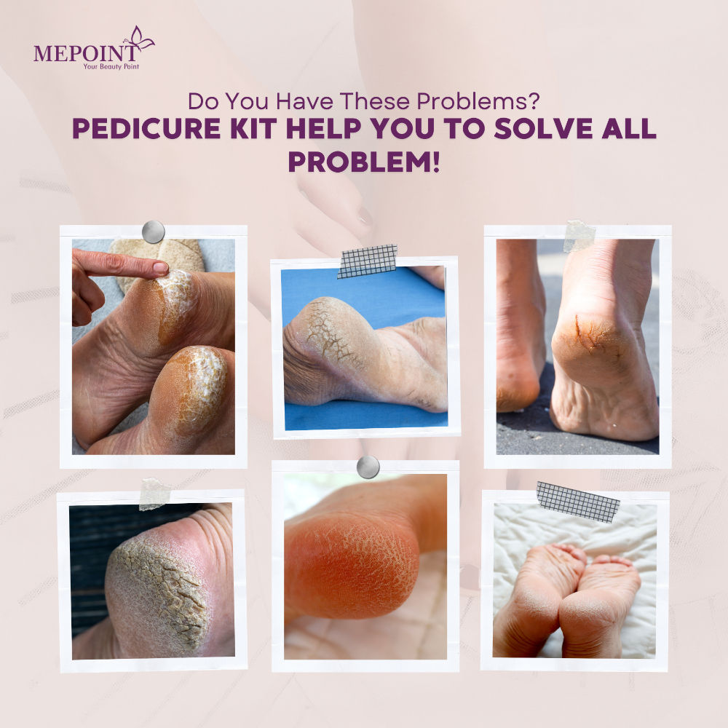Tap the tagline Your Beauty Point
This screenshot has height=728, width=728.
pyautogui.click(x=111, y=67)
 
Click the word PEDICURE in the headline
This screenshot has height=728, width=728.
pyautogui.click(x=146, y=129)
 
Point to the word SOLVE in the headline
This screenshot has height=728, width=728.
pyautogui.click(x=543, y=129)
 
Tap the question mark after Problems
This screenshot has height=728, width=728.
pyautogui.click(x=534, y=101)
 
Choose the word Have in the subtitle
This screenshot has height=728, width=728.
pyautogui.click(x=304, y=101)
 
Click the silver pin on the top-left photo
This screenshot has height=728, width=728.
pyautogui.click(x=153, y=232)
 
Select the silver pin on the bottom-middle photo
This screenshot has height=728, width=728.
pyautogui.click(x=368, y=467)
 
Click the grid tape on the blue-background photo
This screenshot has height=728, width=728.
pyautogui.click(x=367, y=261)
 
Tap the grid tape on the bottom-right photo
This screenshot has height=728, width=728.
pyautogui.click(x=577, y=502)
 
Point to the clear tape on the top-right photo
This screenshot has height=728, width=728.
pyautogui.click(x=579, y=237)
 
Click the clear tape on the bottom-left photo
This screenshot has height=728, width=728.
pyautogui.click(x=155, y=494)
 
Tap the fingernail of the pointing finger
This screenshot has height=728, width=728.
pyautogui.click(x=161, y=267)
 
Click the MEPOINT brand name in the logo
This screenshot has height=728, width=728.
pyautogui.click(x=85, y=53)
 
